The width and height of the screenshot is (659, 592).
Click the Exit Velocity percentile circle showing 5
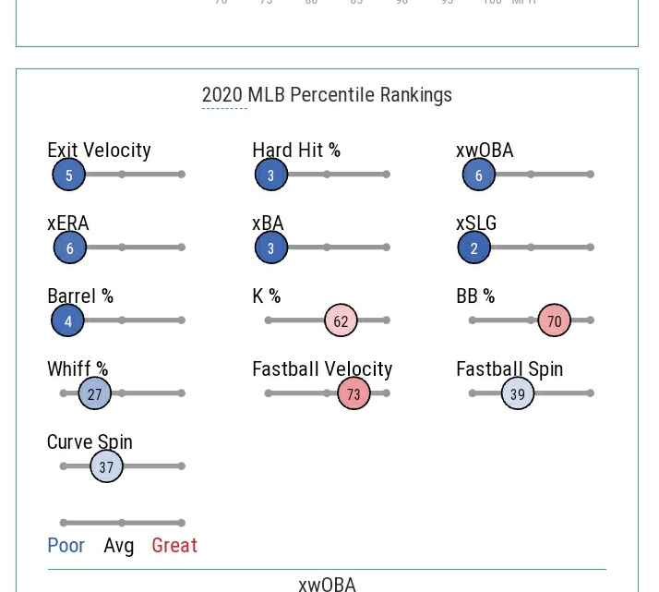tap(68, 175)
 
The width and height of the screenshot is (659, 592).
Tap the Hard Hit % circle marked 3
tap(271, 175)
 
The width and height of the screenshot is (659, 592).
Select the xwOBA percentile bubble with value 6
tap(478, 175)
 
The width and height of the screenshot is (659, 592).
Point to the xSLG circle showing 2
tap(474, 248)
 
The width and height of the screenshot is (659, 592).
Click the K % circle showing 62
tap(341, 320)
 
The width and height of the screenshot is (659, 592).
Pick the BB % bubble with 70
tap(554, 320)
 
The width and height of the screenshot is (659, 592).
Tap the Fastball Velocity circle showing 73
tap(353, 393)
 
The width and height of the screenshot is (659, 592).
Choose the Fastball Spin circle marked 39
tap(518, 393)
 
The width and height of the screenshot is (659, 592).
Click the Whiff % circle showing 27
tap(95, 393)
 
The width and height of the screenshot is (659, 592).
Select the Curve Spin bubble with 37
tap(106, 466)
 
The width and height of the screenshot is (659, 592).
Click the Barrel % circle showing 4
tap(68, 320)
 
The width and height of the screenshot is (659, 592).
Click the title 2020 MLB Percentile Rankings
tap(327, 94)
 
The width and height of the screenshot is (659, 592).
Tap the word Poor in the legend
tap(66, 545)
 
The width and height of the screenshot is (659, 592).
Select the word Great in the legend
tap(174, 545)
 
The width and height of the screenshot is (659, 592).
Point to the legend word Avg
tap(119, 545)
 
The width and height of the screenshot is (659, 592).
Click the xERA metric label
tap(68, 223)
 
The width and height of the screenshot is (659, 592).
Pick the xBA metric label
tap(268, 223)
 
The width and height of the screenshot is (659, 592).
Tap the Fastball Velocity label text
tap(322, 368)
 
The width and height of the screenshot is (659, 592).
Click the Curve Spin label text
tap(90, 441)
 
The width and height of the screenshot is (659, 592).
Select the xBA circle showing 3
tap(271, 248)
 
